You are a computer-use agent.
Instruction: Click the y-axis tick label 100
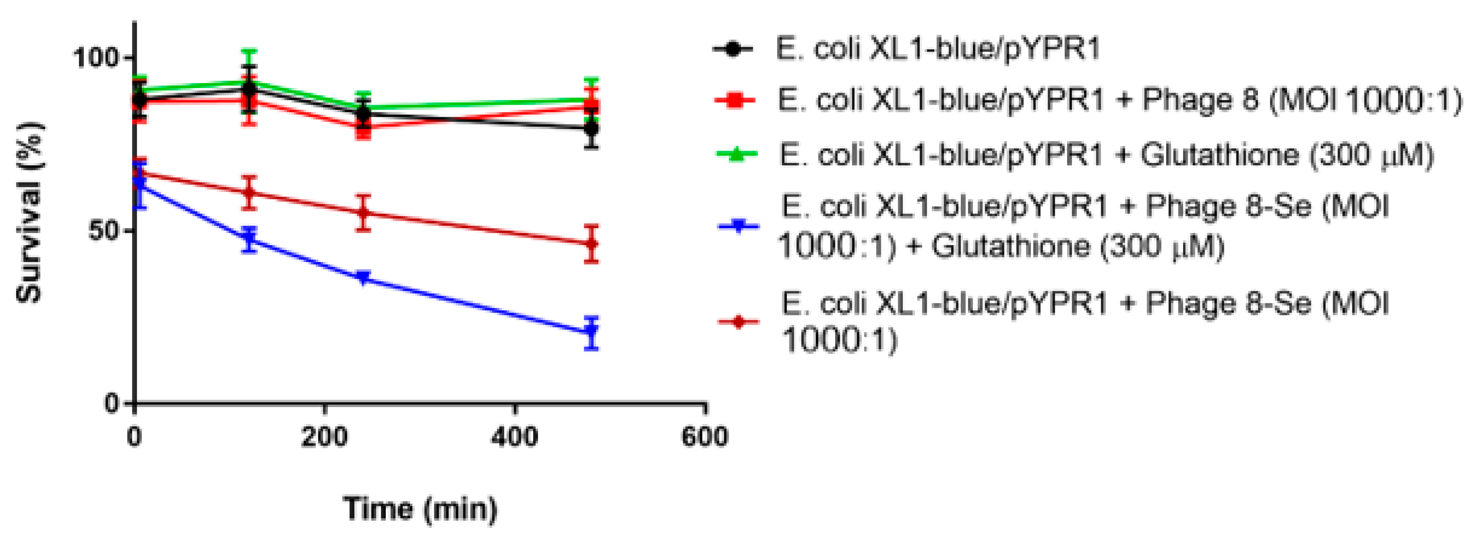(95, 58)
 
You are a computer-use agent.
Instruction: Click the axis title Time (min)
(420, 508)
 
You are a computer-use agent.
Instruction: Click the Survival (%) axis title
(29, 212)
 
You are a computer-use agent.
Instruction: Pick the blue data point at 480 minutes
(591, 331)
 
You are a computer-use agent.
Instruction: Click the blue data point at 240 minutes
(363, 278)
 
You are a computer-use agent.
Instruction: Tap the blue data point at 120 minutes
(249, 240)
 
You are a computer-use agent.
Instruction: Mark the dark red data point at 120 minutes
(249, 192)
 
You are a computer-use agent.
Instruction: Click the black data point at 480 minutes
(591, 128)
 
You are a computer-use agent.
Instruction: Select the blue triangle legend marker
(739, 227)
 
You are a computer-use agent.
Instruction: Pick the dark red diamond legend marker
(739, 322)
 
